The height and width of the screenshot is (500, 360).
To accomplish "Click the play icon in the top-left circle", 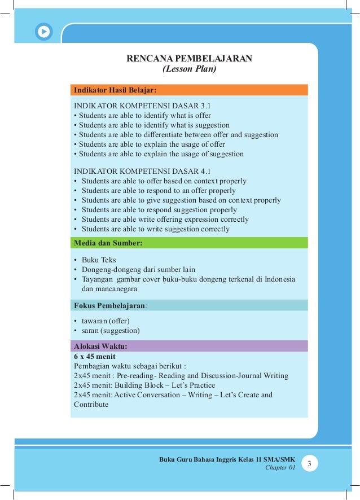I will (43, 32).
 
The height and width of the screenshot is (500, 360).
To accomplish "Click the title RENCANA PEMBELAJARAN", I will (189, 59).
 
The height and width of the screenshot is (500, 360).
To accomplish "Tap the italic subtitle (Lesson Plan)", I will (189, 69).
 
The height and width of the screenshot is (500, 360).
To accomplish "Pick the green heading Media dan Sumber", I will (108, 243).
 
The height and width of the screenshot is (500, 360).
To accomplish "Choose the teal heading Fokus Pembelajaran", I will (111, 305).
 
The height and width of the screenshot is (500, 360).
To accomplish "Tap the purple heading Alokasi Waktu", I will (101, 346).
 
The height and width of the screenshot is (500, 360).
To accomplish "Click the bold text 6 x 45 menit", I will (94, 356).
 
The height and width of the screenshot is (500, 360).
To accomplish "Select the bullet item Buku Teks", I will (98, 260).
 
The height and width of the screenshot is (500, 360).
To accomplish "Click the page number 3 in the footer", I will (309, 464).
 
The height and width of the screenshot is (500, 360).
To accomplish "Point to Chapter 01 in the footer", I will (280, 468).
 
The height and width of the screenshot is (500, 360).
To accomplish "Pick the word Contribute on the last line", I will (91, 404).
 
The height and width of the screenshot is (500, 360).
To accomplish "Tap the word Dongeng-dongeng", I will (109, 270).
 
